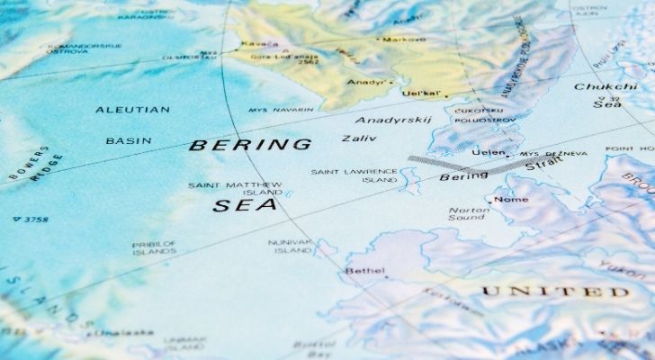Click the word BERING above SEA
[x=251, y=144]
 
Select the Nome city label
[x=511, y=199]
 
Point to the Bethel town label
[x=365, y=270]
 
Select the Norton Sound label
[x=468, y=214]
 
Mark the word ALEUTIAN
[x=133, y=109]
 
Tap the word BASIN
[x=128, y=141]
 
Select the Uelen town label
[x=488, y=153]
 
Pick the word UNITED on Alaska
[x=554, y=292]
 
